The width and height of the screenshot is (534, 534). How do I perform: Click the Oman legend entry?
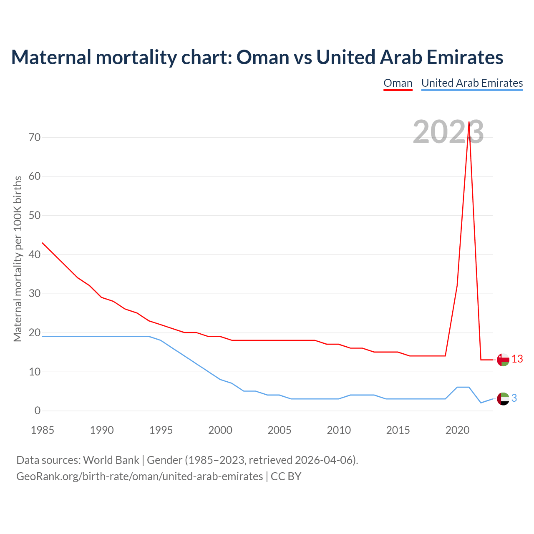click(398, 83)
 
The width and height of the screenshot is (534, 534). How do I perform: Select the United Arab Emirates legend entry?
click(472, 83)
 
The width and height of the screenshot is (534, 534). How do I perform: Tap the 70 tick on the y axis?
click(35, 137)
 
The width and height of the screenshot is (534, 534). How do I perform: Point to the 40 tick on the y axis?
click(35, 254)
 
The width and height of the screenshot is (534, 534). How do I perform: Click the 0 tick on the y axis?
click(38, 411)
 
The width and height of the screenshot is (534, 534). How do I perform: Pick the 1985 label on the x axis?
click(43, 430)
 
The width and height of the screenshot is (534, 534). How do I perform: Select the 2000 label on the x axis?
click(220, 430)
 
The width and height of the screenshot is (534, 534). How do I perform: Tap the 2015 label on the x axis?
click(398, 430)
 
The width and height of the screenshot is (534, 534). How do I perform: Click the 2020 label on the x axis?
click(457, 430)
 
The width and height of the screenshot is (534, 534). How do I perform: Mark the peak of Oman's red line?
click(469, 122)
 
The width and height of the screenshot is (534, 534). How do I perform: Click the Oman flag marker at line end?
click(503, 359)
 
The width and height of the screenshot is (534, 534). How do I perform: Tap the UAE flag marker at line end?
click(503, 399)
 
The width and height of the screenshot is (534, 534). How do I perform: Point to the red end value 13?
click(517, 359)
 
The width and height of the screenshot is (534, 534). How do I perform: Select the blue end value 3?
click(514, 398)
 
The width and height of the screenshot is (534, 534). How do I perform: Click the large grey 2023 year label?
click(448, 132)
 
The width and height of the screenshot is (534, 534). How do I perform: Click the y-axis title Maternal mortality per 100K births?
click(18, 259)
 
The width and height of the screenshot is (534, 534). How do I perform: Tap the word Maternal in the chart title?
click(51, 57)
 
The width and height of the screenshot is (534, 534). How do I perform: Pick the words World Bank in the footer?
click(111, 460)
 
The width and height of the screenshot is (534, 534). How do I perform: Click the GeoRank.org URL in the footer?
click(139, 476)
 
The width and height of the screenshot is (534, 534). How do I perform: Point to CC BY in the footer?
click(286, 476)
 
